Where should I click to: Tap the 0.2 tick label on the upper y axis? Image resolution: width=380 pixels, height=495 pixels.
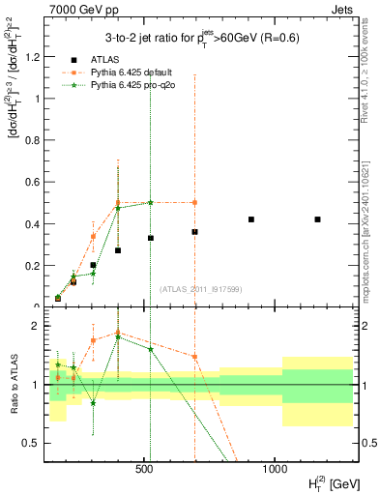31,265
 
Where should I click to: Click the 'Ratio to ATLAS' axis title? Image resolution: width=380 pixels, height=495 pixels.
14,384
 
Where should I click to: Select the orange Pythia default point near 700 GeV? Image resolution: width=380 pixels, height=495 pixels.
194,202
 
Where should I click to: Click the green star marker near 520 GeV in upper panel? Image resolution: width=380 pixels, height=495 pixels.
150,202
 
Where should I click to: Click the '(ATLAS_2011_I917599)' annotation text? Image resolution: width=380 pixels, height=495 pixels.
201,288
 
